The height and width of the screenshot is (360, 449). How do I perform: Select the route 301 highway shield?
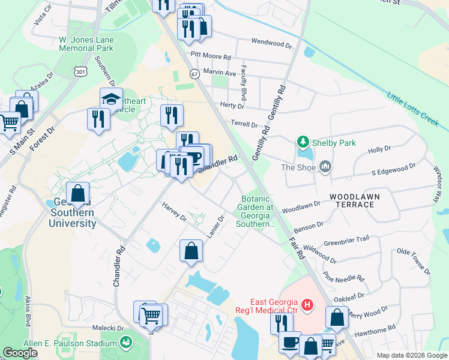coord(80,71)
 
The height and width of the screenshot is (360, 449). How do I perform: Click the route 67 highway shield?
coord(194,74)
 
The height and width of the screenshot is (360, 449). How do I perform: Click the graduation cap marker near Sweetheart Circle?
coord(110,98)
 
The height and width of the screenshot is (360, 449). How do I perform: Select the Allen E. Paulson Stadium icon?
coord(126,343)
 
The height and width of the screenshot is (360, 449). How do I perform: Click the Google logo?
coord(21,353)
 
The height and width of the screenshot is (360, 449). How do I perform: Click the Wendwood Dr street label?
coord(271,44)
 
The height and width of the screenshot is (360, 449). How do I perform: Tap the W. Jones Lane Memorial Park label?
coord(86,43)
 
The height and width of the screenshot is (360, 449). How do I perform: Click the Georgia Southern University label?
coord(71,212)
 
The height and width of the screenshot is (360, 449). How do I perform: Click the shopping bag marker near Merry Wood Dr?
coord(337,317)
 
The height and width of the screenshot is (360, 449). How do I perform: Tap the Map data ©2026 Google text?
coord(412,355)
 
